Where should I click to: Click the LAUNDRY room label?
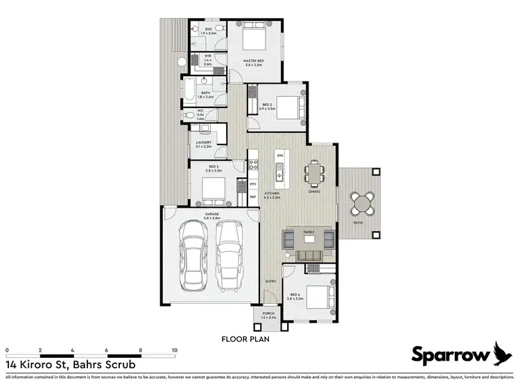203,145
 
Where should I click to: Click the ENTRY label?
271,280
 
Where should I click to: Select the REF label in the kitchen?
253,197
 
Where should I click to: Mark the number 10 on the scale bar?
174,351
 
